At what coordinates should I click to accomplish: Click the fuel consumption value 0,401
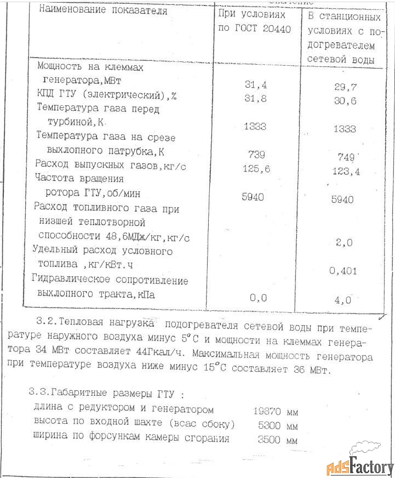[x=344, y=270]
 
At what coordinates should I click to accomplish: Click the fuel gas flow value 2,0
[x=344, y=241]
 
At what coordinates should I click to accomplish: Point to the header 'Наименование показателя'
[x=101, y=11]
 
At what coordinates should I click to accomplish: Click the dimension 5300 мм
[x=278, y=425]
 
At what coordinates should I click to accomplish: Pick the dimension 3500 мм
[x=278, y=440]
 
